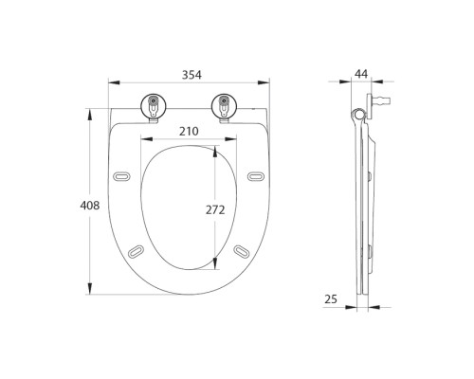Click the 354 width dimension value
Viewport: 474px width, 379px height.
tap(191, 75)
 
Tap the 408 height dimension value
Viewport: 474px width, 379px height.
tap(90, 206)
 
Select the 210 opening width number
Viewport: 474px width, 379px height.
tap(189, 131)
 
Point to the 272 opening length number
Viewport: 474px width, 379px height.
tap(215, 209)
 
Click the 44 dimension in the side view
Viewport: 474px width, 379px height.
tap(361, 74)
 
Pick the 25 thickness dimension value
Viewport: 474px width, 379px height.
tap(331, 298)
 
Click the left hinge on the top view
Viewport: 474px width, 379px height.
tap(154, 107)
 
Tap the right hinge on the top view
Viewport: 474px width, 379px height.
tap(224, 107)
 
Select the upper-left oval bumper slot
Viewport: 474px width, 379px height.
tap(121, 176)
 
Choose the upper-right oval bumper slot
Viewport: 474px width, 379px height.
tap(256, 176)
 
